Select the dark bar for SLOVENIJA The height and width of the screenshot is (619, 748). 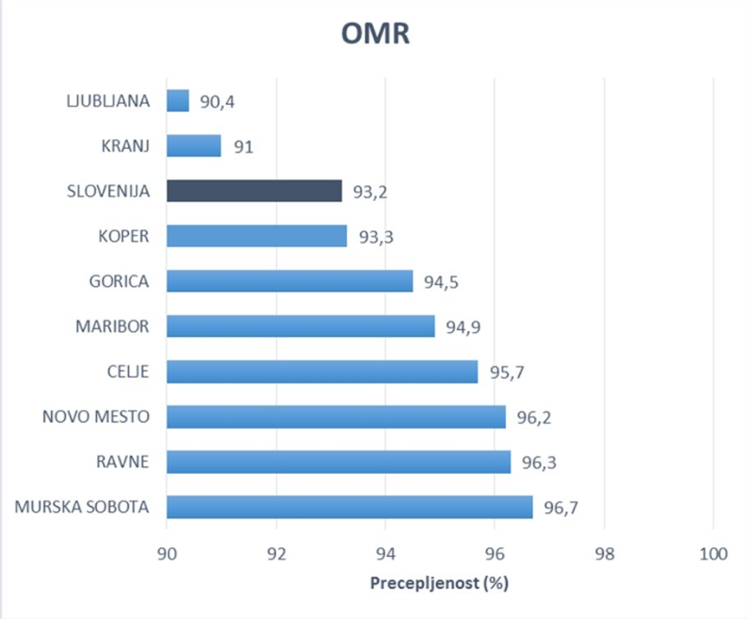[254, 191]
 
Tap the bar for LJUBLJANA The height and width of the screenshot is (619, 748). [177, 100]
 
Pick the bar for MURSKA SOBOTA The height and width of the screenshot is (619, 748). [349, 507]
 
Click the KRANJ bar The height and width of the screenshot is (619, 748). [193, 146]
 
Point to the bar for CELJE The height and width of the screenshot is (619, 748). [322, 371]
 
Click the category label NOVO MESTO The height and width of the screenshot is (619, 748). [95, 416]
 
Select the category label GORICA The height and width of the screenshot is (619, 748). [119, 281]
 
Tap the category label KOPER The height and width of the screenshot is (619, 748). [123, 236]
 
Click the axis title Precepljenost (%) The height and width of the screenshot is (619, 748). [438, 583]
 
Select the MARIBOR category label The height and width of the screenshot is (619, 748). [112, 326]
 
